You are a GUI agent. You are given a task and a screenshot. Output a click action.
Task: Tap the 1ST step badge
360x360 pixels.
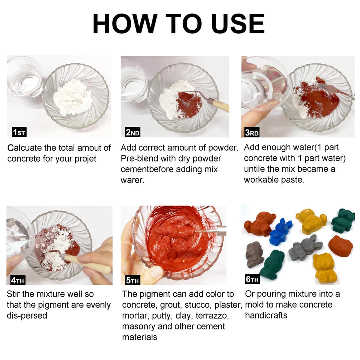pos(19,132)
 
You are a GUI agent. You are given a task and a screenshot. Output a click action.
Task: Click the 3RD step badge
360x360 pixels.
pos(251,132)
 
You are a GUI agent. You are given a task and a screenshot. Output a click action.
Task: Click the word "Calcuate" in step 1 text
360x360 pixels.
pos(26,148)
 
